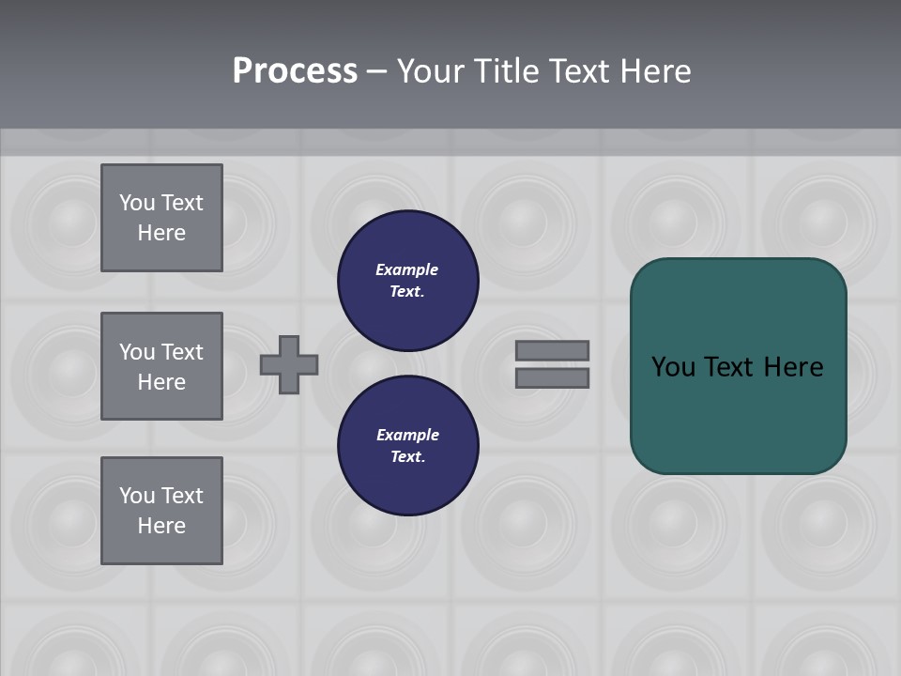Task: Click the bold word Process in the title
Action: (295, 71)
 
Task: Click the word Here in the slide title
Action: (655, 71)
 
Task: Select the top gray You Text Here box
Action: (161, 218)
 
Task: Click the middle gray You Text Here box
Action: (161, 366)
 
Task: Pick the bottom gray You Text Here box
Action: (161, 511)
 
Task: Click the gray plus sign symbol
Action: (289, 364)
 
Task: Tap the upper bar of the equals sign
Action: (552, 350)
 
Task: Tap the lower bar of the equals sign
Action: (552, 377)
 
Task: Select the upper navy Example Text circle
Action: (408, 280)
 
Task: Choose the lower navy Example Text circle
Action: (408, 445)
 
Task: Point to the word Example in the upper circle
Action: (407, 269)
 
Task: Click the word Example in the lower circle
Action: (407, 435)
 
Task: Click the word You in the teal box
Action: (674, 367)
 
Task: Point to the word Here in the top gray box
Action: (161, 233)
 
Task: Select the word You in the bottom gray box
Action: (137, 496)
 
